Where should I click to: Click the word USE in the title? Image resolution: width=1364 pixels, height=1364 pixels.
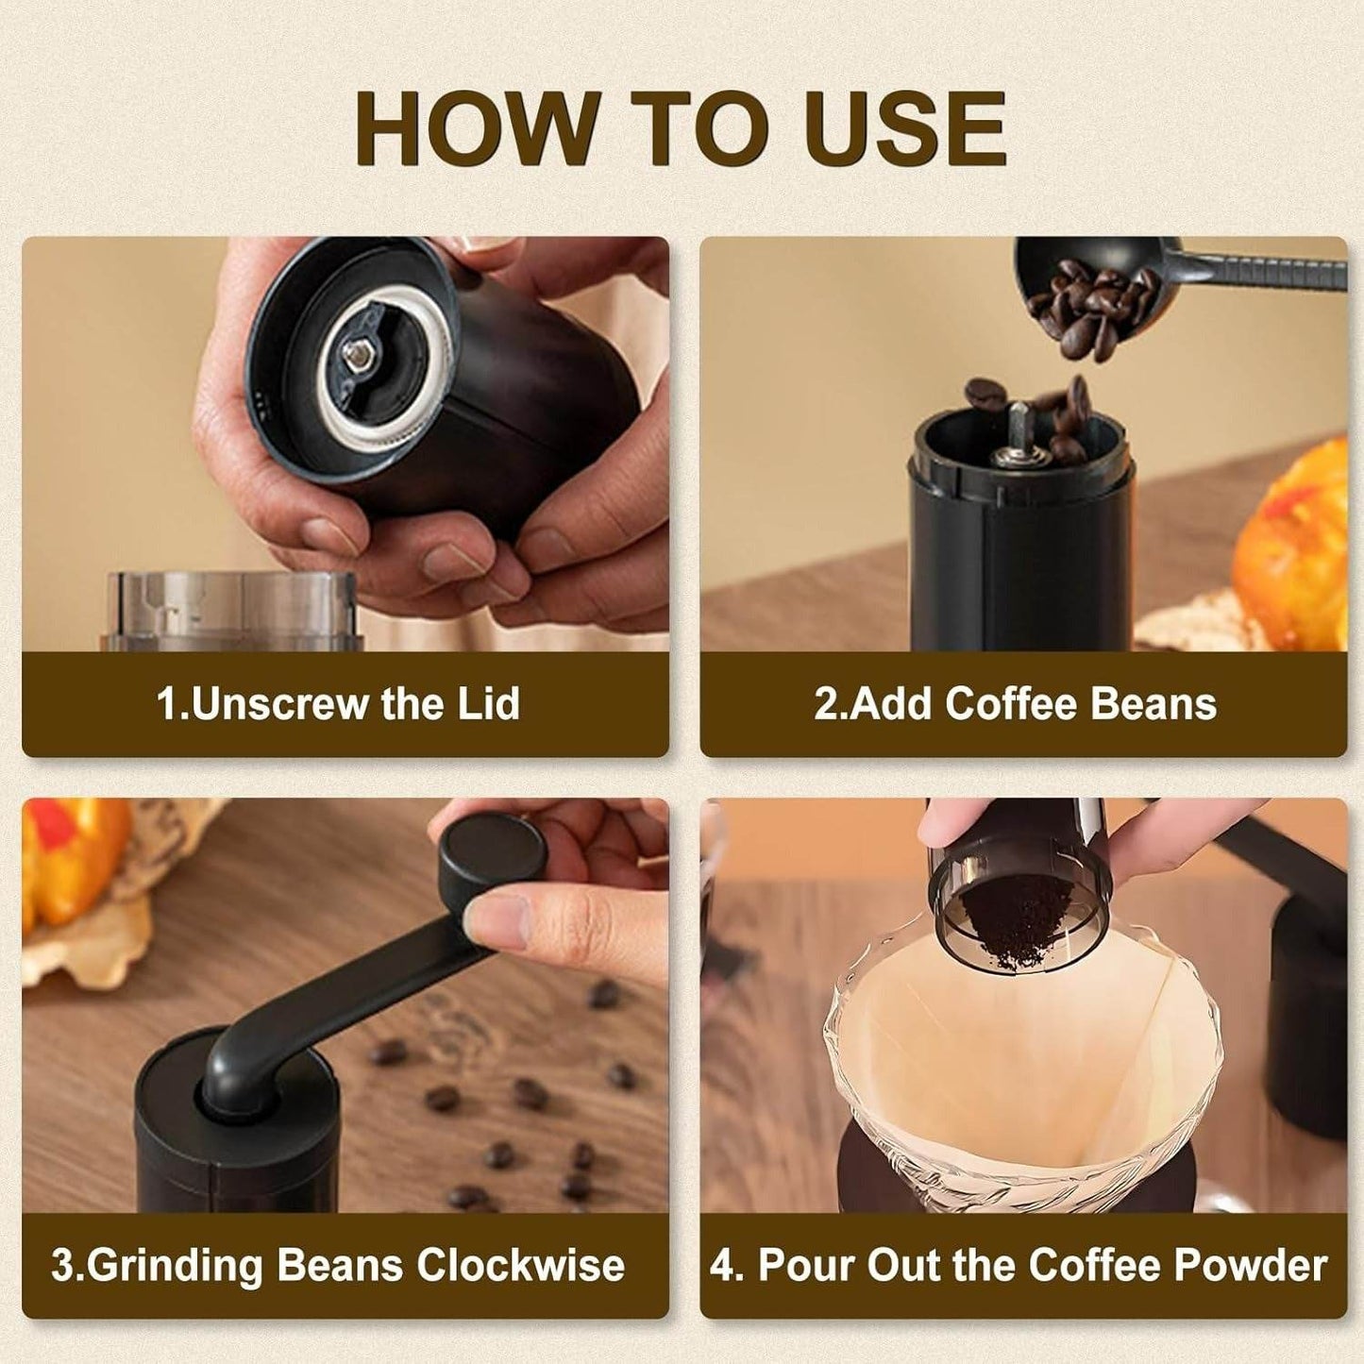coord(906,129)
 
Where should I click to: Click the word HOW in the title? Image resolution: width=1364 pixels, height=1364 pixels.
coord(477,129)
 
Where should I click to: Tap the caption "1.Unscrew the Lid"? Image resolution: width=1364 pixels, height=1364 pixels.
coord(338,704)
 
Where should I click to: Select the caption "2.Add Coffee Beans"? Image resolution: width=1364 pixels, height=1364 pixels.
coord(1016,704)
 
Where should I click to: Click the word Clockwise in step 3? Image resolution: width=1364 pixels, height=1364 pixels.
coord(520,1265)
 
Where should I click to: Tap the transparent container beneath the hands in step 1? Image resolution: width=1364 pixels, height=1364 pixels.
coord(231,609)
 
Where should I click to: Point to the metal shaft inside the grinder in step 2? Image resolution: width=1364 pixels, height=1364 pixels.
coord(1019,429)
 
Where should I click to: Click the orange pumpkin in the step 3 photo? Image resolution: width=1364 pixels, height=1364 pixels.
coord(71,859)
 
